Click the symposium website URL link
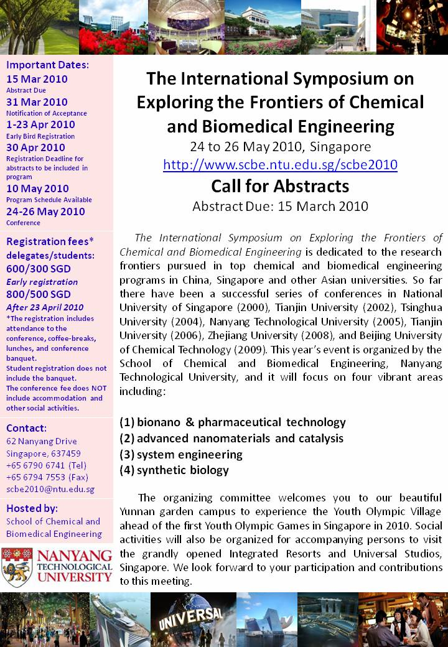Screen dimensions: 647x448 click(280, 165)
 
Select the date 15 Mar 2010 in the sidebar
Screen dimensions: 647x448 click(37, 79)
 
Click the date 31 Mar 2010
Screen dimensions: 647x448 click(37, 102)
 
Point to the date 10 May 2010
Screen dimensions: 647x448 click(37, 189)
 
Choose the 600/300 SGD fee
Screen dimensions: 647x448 click(38, 269)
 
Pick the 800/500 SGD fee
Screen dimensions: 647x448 click(38, 294)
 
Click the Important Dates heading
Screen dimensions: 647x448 click(47, 64)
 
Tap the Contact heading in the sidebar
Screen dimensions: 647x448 click(26, 428)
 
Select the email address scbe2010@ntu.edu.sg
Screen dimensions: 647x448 click(50, 489)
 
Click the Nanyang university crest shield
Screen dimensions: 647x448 click(17, 567)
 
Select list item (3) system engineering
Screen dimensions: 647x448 click(180, 454)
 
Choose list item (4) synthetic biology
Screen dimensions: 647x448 click(174, 470)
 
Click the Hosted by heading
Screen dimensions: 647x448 click(32, 508)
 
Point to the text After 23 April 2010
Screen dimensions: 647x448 click(45, 307)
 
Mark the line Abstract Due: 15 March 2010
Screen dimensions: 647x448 click(280, 206)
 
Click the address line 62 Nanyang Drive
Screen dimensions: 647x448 click(42, 442)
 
